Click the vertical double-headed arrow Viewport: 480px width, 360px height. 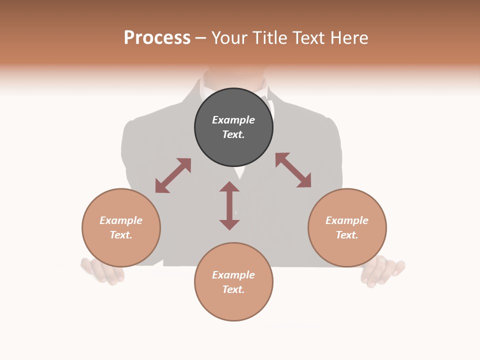point(229,205)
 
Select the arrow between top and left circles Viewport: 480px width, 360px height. point(173,175)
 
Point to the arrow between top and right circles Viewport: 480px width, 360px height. point(293,170)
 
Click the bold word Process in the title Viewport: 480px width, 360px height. point(157,38)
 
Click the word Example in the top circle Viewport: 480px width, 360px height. point(233,120)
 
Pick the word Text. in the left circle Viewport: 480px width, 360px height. point(121,235)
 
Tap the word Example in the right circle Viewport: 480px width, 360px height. point(347,220)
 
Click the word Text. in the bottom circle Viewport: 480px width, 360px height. point(233,289)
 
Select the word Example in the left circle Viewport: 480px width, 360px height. point(121,220)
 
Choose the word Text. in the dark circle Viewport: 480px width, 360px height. point(233,134)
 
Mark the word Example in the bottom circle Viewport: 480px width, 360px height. point(233,275)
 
